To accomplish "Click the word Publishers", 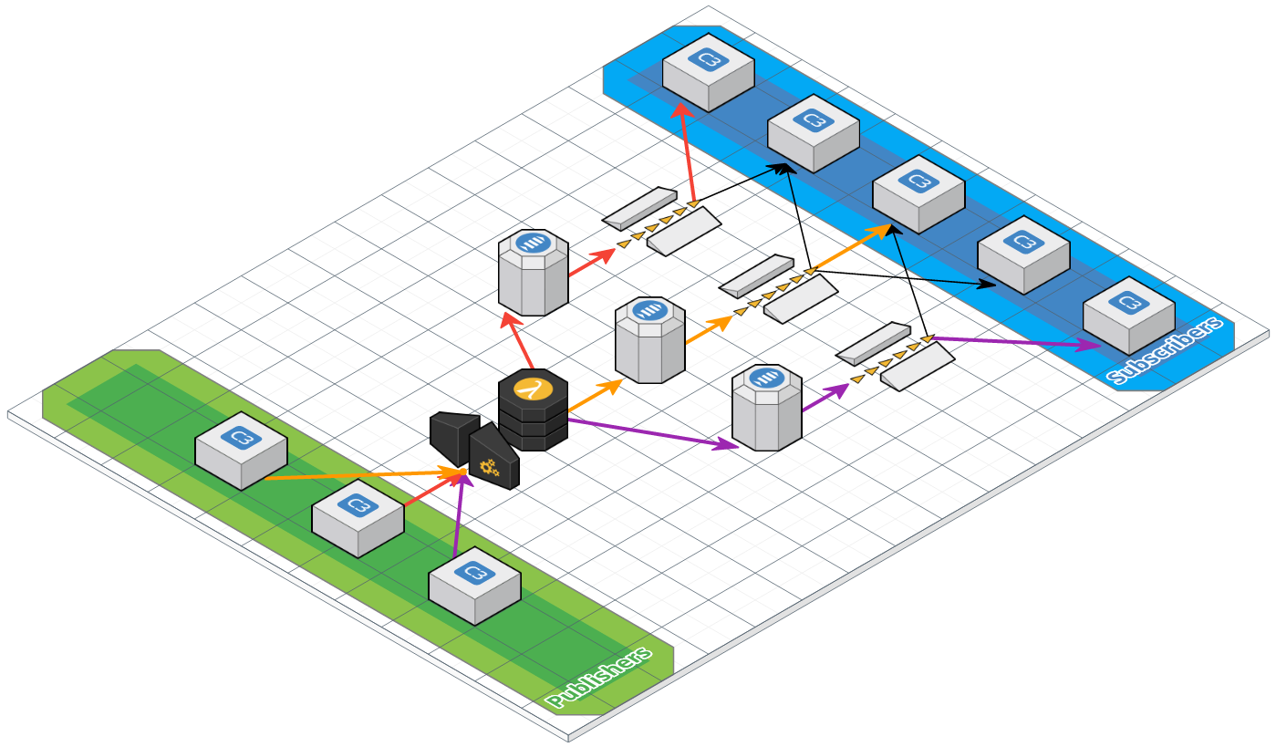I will coord(600,678).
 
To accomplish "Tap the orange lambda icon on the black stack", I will coord(533,389).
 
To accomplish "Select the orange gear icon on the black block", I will coord(489,469).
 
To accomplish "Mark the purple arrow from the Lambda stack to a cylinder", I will coord(651,433).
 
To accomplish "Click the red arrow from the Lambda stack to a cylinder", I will coord(518,342).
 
